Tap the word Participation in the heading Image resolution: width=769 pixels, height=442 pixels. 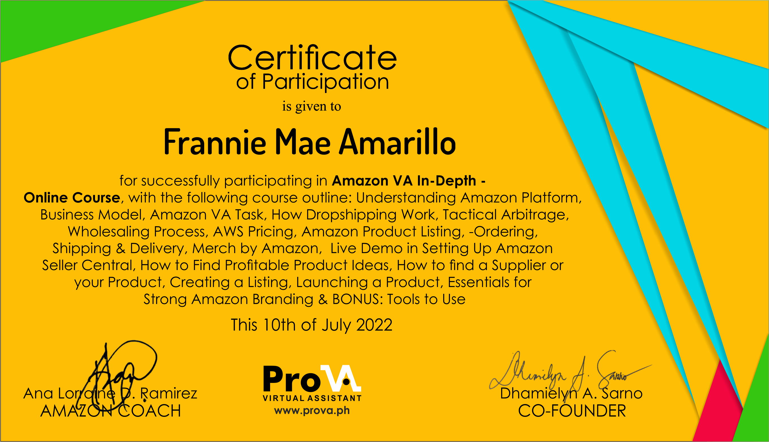(325, 82)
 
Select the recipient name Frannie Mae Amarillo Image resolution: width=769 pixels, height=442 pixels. (310, 142)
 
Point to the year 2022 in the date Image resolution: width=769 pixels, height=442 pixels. (374, 325)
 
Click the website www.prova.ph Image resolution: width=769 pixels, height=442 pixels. (312, 410)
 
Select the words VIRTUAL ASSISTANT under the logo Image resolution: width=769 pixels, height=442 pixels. (312, 398)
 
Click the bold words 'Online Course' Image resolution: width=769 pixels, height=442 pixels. (72, 198)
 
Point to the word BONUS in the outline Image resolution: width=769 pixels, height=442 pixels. (358, 299)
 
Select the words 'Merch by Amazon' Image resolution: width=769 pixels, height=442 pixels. (255, 249)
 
